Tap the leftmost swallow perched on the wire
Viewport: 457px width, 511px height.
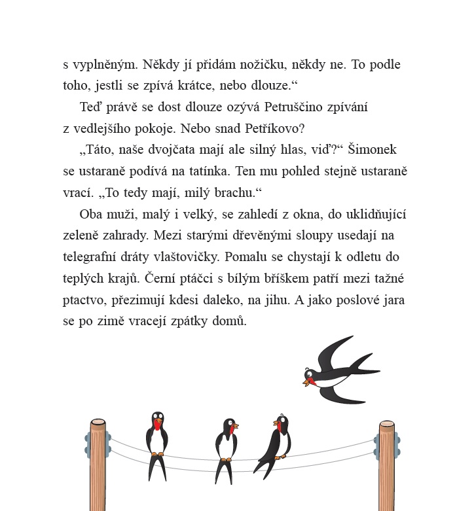click(x=157, y=442)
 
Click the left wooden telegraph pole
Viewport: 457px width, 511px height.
click(x=98, y=465)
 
